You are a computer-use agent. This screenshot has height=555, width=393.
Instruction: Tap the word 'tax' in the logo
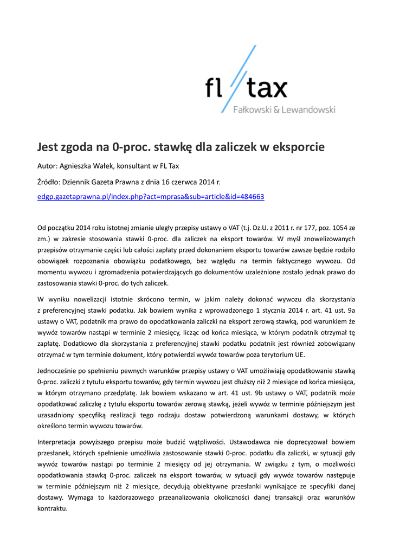pos(266,88)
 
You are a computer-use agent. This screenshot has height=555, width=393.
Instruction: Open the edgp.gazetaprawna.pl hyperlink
pos(150,196)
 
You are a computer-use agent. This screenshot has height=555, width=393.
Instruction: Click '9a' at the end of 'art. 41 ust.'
pos(350,311)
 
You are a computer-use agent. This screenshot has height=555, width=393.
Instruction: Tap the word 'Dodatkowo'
pos(83,343)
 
